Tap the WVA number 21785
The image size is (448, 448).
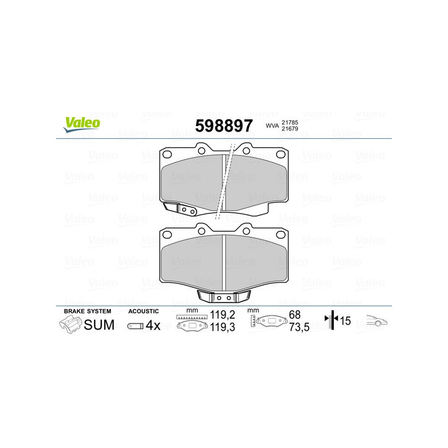(290, 122)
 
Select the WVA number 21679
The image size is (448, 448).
(290, 130)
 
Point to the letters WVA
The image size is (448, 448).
(272, 126)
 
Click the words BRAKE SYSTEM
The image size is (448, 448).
(87, 311)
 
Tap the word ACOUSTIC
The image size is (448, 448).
(143, 311)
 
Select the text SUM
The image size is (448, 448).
(99, 325)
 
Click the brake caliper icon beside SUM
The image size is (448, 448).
(70, 324)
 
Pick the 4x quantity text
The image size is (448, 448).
(152, 325)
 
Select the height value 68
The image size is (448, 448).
(295, 315)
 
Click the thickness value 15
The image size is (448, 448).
(346, 321)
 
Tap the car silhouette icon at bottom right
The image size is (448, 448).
(377, 321)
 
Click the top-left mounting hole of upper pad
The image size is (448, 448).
(167, 155)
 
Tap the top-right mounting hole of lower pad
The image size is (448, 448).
(281, 234)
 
